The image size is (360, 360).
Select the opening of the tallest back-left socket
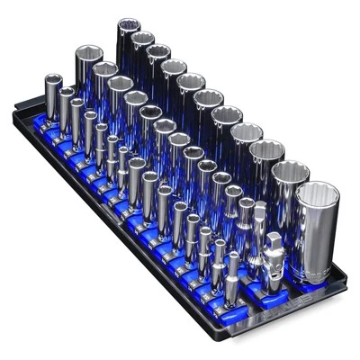tap(127, 23)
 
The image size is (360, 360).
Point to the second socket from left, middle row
tap(104, 85)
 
